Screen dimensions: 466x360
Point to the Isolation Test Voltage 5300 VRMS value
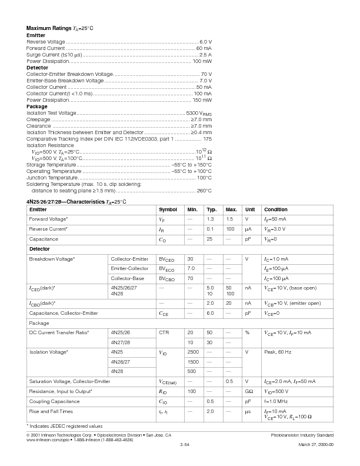click(x=198, y=113)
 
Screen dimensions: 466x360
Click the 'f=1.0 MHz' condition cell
click(x=278, y=401)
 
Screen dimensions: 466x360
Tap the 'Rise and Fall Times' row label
click(x=51, y=411)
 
